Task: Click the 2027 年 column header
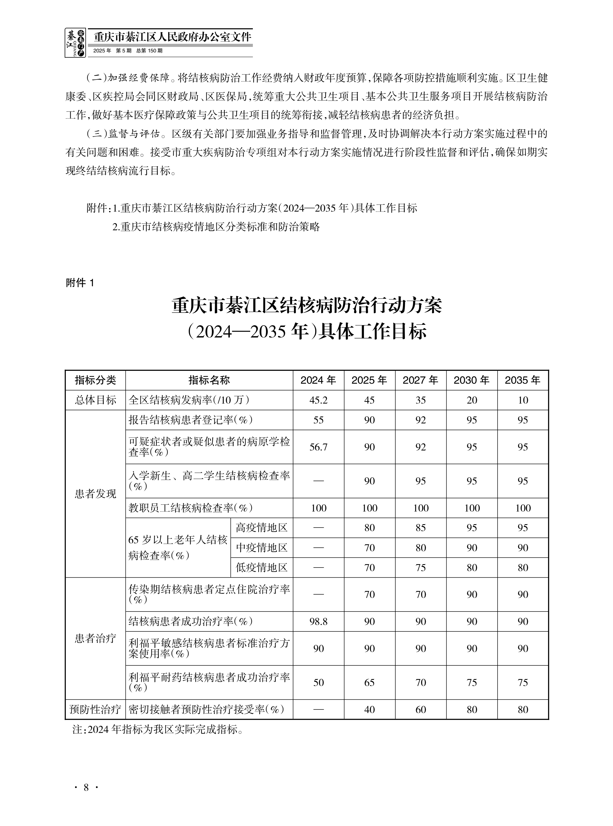pyautogui.click(x=420, y=380)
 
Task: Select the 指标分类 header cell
pyautogui.click(x=95, y=380)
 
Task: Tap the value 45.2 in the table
pyautogui.click(x=318, y=400)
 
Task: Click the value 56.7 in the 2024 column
pyautogui.click(x=318, y=447)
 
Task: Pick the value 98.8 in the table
pyautogui.click(x=318, y=622)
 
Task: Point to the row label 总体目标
pyautogui.click(x=95, y=400)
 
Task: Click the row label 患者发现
pyautogui.click(x=95, y=494)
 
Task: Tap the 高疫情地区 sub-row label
pyautogui.click(x=261, y=528)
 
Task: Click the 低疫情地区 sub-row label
pyautogui.click(x=261, y=568)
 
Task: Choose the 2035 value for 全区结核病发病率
pyautogui.click(x=523, y=400)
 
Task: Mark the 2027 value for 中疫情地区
pyautogui.click(x=420, y=548)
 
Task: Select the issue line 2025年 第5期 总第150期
pyautogui.click(x=128, y=51)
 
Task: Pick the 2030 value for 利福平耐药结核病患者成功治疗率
pyautogui.click(x=472, y=682)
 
